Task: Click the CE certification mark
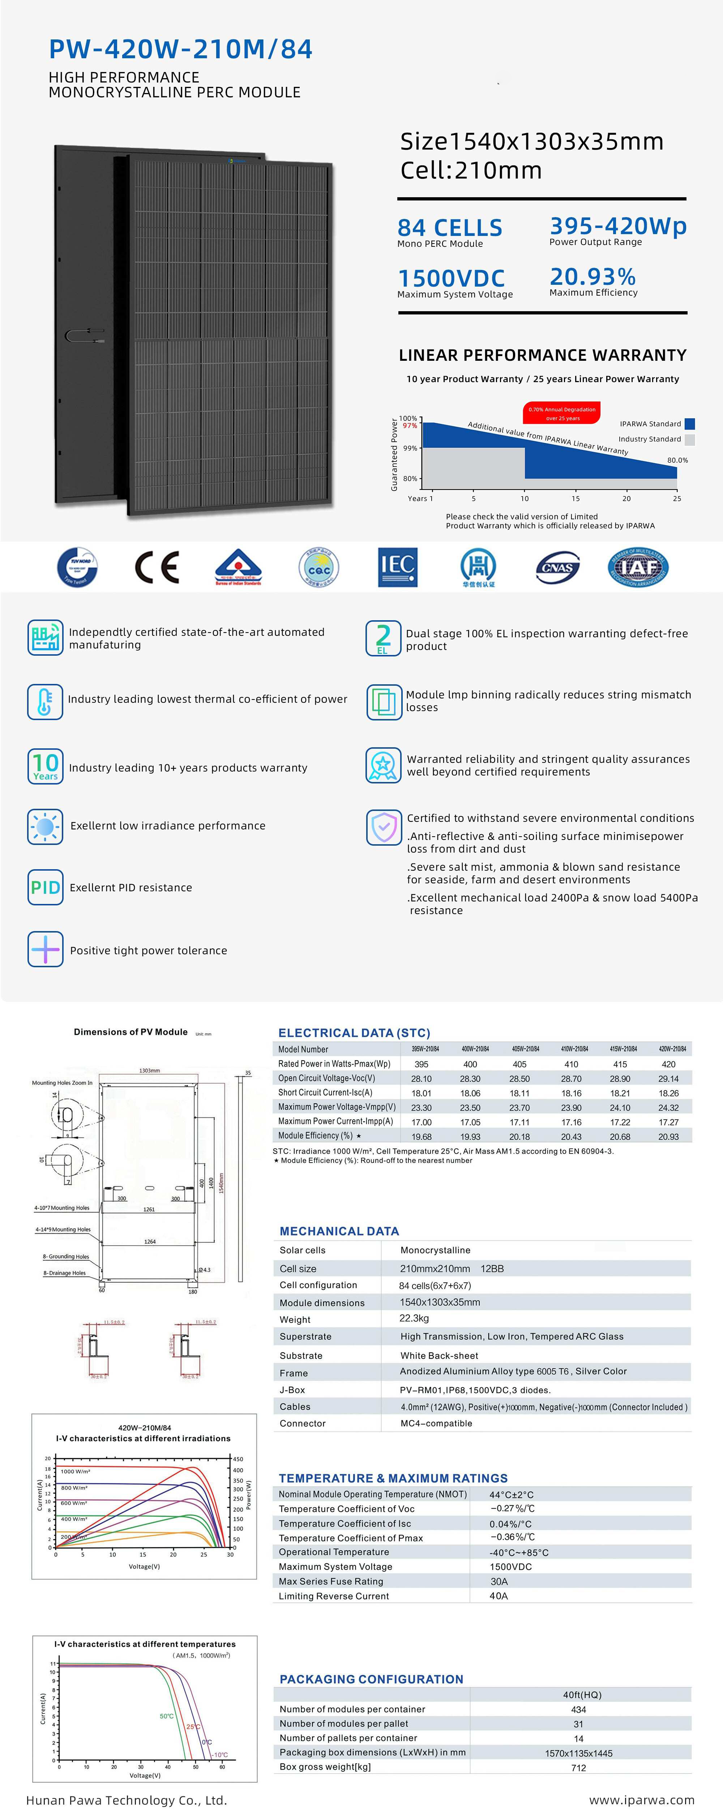pyautogui.click(x=157, y=567)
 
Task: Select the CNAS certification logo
pyautogui.click(x=558, y=567)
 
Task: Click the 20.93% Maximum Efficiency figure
pyautogui.click(x=592, y=277)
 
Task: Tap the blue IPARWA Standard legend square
pyautogui.click(x=690, y=424)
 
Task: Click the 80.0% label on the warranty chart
pyautogui.click(x=677, y=460)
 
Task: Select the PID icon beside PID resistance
pyautogui.click(x=45, y=887)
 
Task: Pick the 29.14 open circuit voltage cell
pyautogui.click(x=668, y=1078)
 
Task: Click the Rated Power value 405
pyautogui.click(x=519, y=1064)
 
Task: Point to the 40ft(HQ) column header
pyautogui.click(x=582, y=1695)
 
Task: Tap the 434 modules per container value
pyautogui.click(x=578, y=1709)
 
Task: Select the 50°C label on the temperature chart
pyautogui.click(x=166, y=1716)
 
